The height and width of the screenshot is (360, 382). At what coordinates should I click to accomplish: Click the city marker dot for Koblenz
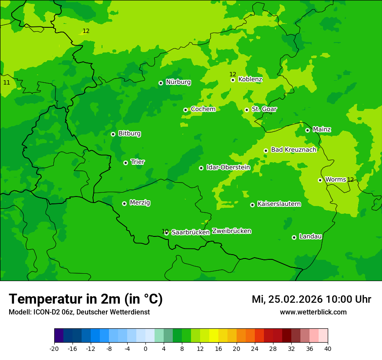coord(233,80)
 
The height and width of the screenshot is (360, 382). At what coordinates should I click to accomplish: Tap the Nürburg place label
coord(178,82)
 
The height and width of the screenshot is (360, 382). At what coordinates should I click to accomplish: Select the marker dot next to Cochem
coord(186,110)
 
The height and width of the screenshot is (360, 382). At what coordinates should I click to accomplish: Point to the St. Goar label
coord(264,109)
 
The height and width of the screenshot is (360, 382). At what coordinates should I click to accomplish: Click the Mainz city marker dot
coord(308,130)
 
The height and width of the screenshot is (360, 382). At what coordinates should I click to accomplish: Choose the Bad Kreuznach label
coord(293,150)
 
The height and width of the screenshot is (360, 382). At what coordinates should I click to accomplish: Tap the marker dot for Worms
coord(320,180)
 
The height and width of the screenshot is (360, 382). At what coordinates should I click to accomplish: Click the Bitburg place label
coord(129,134)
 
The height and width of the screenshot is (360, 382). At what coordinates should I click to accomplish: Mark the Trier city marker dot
coord(126,163)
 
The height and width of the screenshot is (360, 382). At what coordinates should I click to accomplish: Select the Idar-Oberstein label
coord(228,167)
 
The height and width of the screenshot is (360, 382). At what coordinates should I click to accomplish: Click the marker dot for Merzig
coord(125,203)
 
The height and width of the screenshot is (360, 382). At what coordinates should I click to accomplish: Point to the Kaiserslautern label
coord(279,204)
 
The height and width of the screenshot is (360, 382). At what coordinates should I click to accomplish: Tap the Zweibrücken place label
coord(231,231)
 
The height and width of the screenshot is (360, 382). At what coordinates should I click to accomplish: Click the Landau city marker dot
coord(294,237)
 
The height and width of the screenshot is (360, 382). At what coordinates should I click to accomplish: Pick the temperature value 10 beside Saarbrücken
coord(165,232)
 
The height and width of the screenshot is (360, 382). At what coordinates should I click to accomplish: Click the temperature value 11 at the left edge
coord(7,82)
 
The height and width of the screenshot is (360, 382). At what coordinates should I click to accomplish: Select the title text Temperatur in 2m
coord(86,299)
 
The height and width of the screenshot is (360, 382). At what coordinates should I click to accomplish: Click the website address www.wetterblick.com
coord(313,312)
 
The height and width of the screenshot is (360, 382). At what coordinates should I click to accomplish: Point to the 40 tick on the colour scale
coord(327,348)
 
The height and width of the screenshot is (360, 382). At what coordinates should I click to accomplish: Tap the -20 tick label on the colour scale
coord(54,348)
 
